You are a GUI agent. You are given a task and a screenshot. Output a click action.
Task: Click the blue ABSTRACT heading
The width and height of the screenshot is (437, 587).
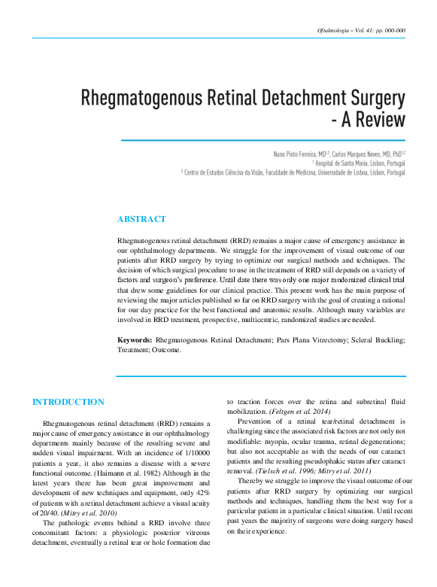click(x=141, y=219)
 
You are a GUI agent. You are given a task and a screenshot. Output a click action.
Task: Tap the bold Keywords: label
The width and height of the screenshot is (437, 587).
click(x=135, y=340)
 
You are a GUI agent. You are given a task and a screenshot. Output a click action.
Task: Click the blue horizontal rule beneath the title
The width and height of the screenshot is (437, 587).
click(x=263, y=140)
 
